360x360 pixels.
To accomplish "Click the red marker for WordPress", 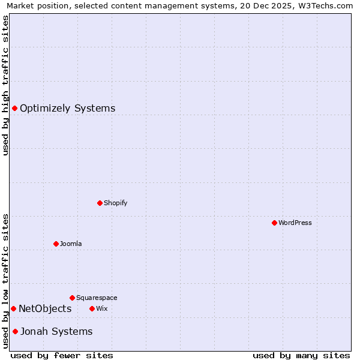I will pyautogui.click(x=274, y=223).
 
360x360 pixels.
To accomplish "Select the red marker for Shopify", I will pyautogui.click(x=100, y=203).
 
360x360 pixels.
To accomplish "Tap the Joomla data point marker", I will pyautogui.click(x=56, y=244).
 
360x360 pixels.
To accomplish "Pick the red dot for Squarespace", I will pyautogui.click(x=72, y=298).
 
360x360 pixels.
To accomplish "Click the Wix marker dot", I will pyautogui.click(x=92, y=308).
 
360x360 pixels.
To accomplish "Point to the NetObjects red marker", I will pyautogui.click(x=13, y=308).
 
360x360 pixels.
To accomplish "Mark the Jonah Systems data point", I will pyautogui.click(x=15, y=331).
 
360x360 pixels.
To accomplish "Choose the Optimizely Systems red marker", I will pyautogui.click(x=14, y=108).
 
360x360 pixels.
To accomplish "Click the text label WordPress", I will pyautogui.click(x=295, y=223).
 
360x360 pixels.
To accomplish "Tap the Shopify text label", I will pyautogui.click(x=116, y=203).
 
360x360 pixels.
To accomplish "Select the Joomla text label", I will pyautogui.click(x=71, y=244).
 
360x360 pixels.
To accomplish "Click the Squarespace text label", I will pyautogui.click(x=97, y=298).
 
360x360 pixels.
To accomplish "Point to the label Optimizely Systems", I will pyautogui.click(x=68, y=108).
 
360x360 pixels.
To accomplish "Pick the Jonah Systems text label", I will pyautogui.click(x=56, y=331).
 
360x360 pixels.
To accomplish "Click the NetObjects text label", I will pyautogui.click(x=45, y=308).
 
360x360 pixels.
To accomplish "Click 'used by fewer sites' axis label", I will pyautogui.click(x=62, y=355).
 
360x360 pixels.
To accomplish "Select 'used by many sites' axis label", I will pyautogui.click(x=301, y=355).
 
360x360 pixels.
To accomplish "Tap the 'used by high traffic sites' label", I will pyautogui.click(x=5, y=85).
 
